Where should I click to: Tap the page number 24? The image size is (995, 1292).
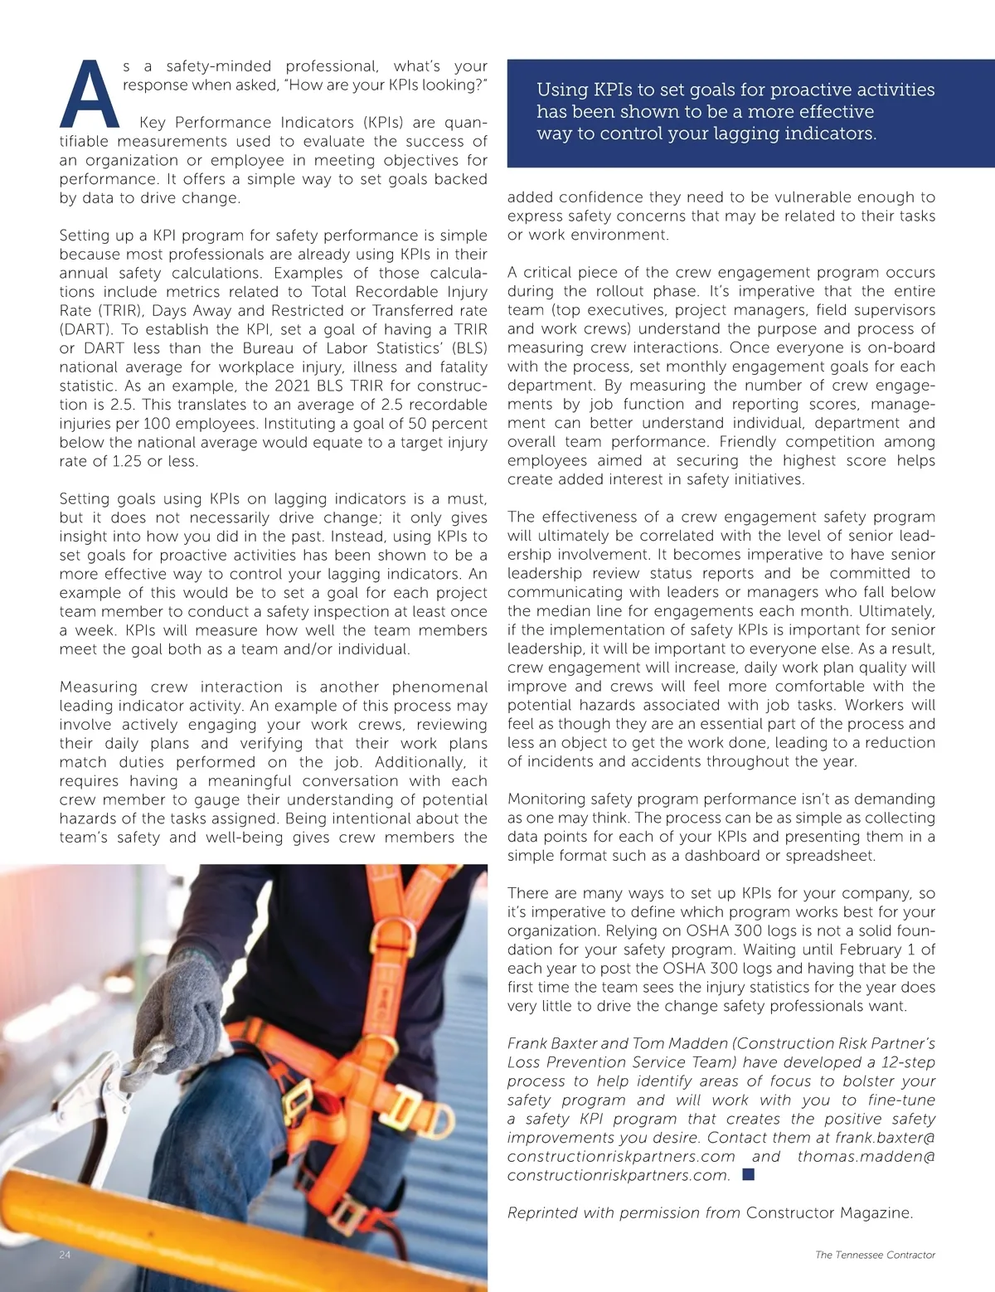tap(66, 1255)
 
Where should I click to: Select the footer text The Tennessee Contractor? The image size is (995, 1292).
tap(875, 1255)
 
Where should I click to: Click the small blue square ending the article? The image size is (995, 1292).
tap(749, 1174)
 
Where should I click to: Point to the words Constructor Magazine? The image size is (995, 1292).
tap(829, 1212)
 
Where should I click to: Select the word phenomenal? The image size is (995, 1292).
tap(439, 687)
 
